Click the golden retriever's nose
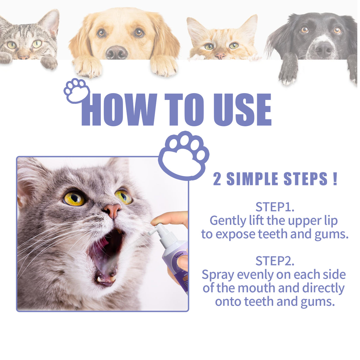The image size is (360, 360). pos(117,52)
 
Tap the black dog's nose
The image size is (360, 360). pos(324,49)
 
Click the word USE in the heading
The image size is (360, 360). pos(242,110)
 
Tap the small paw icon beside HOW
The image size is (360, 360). pos(77,91)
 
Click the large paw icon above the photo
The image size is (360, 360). pos(184,156)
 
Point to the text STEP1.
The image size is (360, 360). pos(275,207)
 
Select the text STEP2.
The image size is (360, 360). pos(275,261)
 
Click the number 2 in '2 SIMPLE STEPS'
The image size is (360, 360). pos(217,179)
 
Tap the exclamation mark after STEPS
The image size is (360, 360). pos(335,179)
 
